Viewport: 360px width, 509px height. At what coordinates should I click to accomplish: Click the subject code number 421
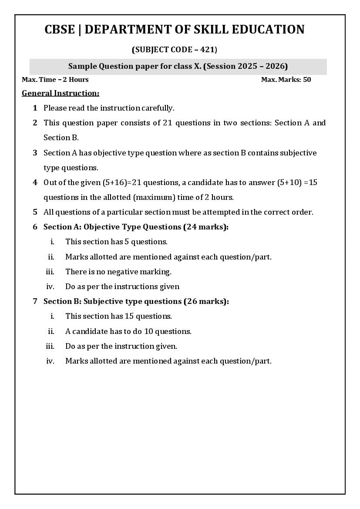(207, 50)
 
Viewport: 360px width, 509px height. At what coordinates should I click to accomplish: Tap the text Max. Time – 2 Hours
(55, 79)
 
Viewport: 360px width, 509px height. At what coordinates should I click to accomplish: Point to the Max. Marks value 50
(307, 79)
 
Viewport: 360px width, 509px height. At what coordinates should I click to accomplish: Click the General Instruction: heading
(61, 93)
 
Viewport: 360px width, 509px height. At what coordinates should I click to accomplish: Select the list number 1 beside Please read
(35, 108)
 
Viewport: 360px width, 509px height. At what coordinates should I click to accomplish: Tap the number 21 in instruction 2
(168, 123)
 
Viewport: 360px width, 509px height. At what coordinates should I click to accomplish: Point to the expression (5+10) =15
(297, 182)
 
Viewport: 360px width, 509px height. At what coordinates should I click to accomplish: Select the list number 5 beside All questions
(35, 212)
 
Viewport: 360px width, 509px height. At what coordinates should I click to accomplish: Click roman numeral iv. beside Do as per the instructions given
(50, 287)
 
